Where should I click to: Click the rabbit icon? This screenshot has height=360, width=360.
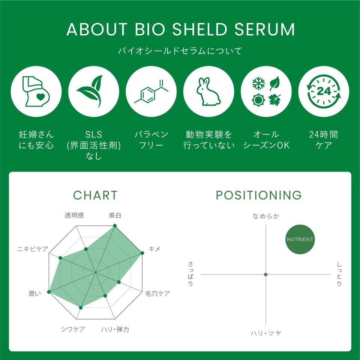click(208, 91)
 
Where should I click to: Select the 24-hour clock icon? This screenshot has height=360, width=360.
click(323, 91)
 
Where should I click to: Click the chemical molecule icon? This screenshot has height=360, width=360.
click(151, 91)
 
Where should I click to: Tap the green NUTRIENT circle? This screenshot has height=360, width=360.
click(300, 239)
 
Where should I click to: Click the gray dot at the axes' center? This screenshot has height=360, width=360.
click(266, 274)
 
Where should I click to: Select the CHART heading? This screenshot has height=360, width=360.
click(95, 195)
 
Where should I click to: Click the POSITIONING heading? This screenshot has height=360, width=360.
click(258, 195)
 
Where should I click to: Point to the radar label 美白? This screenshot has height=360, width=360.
click(115, 215)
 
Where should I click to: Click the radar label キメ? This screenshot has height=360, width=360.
click(154, 249)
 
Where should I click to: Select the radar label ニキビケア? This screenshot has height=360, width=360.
click(33, 249)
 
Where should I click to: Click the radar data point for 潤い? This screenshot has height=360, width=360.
click(49, 291)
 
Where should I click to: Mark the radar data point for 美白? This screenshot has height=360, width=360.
click(115, 226)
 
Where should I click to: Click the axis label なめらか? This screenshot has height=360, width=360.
click(266, 216)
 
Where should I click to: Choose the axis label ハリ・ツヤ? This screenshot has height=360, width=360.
click(266, 333)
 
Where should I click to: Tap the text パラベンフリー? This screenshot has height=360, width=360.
click(151, 139)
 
